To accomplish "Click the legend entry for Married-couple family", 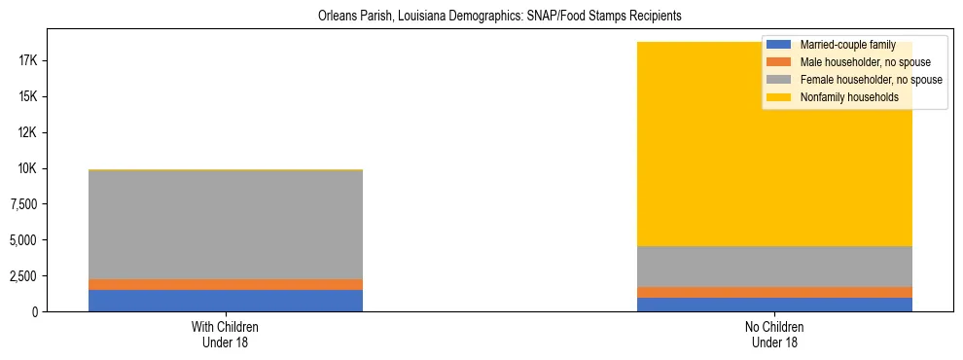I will click(840, 45).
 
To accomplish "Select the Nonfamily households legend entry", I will click(841, 97).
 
